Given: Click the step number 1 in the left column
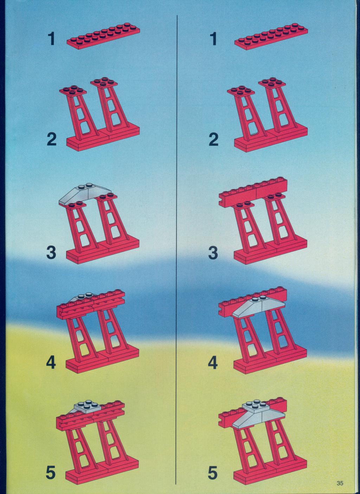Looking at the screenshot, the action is tap(51, 39).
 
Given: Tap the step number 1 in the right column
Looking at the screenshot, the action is tap(213, 39).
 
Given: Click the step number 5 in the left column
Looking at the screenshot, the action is tap(51, 472).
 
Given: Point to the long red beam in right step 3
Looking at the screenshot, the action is tap(253, 193).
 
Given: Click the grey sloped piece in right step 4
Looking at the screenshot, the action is tap(258, 307).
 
